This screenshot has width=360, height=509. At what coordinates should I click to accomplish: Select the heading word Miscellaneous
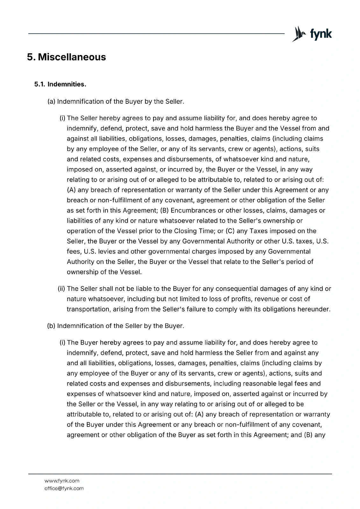(72, 57)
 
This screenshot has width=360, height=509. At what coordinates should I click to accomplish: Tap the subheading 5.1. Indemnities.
(60, 85)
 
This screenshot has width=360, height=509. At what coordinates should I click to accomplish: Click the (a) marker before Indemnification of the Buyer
(51, 102)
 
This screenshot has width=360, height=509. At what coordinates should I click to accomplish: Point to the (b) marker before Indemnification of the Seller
(51, 326)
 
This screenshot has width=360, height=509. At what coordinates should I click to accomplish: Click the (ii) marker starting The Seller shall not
(61, 289)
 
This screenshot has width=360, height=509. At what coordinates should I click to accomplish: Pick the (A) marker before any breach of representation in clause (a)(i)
(71, 190)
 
